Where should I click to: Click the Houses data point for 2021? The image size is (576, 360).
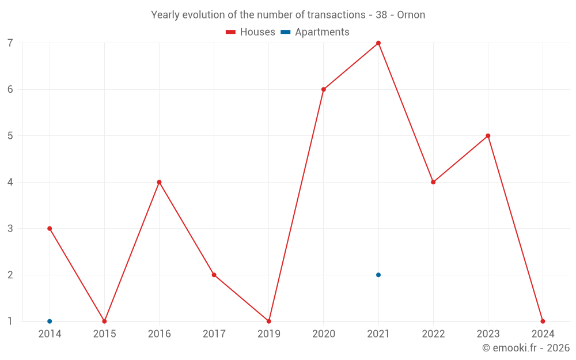pos(378,43)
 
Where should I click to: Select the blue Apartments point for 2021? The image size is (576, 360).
pos(378,275)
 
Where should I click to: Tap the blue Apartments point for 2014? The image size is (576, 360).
pos(50,321)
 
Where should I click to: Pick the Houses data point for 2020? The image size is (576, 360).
pos(324,89)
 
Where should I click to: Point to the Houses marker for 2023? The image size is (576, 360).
pos(488,136)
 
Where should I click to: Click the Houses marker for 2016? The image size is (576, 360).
pos(159,182)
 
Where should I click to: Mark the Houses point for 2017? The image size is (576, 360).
pos(214,275)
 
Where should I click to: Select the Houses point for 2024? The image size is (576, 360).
pos(543,321)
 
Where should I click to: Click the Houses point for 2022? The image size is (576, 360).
pos(433,182)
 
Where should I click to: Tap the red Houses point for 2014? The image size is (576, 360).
pos(50,229)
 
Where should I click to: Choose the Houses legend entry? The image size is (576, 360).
pos(251,32)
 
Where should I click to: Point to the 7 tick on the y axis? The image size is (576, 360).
pos(10,43)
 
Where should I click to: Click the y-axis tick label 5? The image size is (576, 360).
pos(10,136)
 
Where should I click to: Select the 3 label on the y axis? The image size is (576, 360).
pos(10,229)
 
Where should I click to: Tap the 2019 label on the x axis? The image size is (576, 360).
pos(268,334)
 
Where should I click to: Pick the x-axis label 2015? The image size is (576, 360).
pos(104,334)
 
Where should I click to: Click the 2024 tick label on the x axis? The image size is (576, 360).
pos(543,334)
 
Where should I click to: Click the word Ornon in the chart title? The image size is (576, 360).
pos(411,15)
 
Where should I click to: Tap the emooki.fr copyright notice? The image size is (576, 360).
pos(526,348)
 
